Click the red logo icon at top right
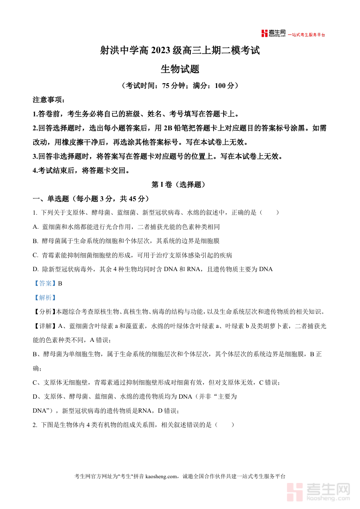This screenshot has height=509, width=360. point(264,34)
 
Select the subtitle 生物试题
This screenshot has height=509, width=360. point(180,69)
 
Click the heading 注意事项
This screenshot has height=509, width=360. point(48,100)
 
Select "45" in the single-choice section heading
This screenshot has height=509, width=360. point(133,199)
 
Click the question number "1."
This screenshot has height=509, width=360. point(35,213)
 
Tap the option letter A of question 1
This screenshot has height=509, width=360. point(35,227)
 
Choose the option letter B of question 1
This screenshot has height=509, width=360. point(35,241)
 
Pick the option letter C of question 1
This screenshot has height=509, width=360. point(35,255)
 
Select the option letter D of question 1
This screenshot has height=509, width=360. point(35,269)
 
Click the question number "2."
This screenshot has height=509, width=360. point(35,425)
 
